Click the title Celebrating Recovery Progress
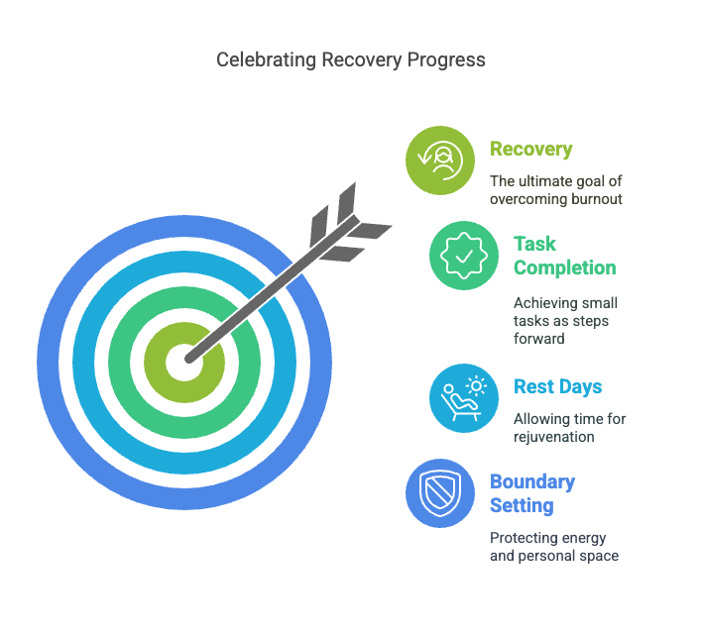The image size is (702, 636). point(351,60)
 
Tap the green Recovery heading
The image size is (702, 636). point(531,150)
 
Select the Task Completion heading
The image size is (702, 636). point(564,256)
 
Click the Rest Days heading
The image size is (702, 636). point(558,387)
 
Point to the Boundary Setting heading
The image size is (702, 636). point(532,493)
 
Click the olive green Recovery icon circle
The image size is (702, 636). point(440,160)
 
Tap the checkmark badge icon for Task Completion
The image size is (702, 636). point(464,256)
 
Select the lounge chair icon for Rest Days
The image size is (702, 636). point(459,403)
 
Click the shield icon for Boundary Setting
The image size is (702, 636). point(440,493)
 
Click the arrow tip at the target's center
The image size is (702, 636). point(188,360)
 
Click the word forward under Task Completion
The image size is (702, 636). point(539,339)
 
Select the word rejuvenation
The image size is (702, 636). point(554,437)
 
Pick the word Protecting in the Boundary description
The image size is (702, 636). point(521,538)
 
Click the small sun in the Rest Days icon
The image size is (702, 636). point(476,386)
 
